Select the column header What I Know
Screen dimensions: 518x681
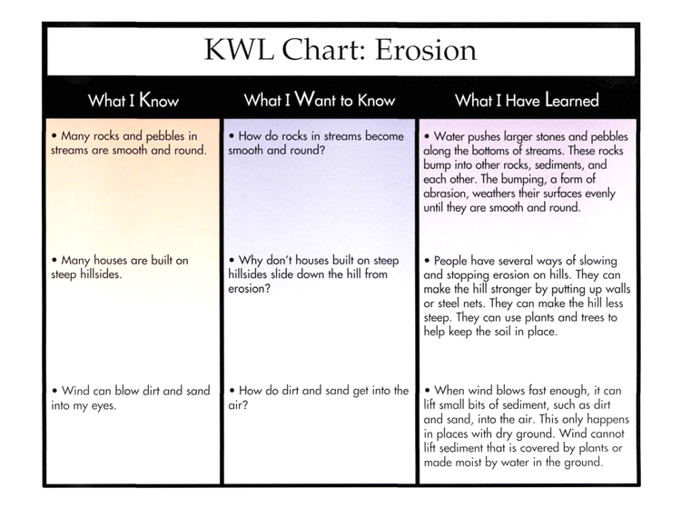pyautogui.click(x=133, y=100)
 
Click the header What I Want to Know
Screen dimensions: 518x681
pyautogui.click(x=321, y=100)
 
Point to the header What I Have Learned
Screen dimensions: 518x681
pyautogui.click(x=527, y=100)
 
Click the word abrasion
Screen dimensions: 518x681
pyautogui.click(x=447, y=194)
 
